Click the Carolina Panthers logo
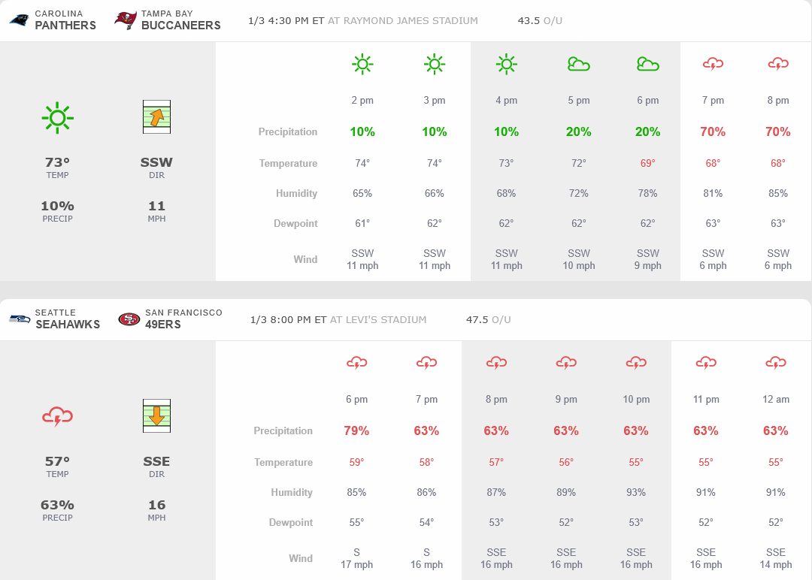(20, 20)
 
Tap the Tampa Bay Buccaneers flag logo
(126, 20)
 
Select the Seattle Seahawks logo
(20, 319)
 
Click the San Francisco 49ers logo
(129, 319)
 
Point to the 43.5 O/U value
(540, 20)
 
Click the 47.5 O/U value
(488, 319)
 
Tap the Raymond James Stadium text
(411, 20)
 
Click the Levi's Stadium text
(378, 319)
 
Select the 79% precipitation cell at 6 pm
(356, 430)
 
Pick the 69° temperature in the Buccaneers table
(647, 163)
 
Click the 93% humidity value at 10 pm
(636, 492)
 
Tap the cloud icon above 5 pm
(578, 65)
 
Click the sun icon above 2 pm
(362, 65)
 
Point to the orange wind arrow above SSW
(156, 117)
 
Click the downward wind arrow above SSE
(156, 415)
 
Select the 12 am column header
(776, 399)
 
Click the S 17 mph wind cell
(356, 558)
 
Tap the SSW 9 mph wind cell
(647, 259)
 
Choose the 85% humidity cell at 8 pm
(778, 193)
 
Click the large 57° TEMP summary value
(57, 461)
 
